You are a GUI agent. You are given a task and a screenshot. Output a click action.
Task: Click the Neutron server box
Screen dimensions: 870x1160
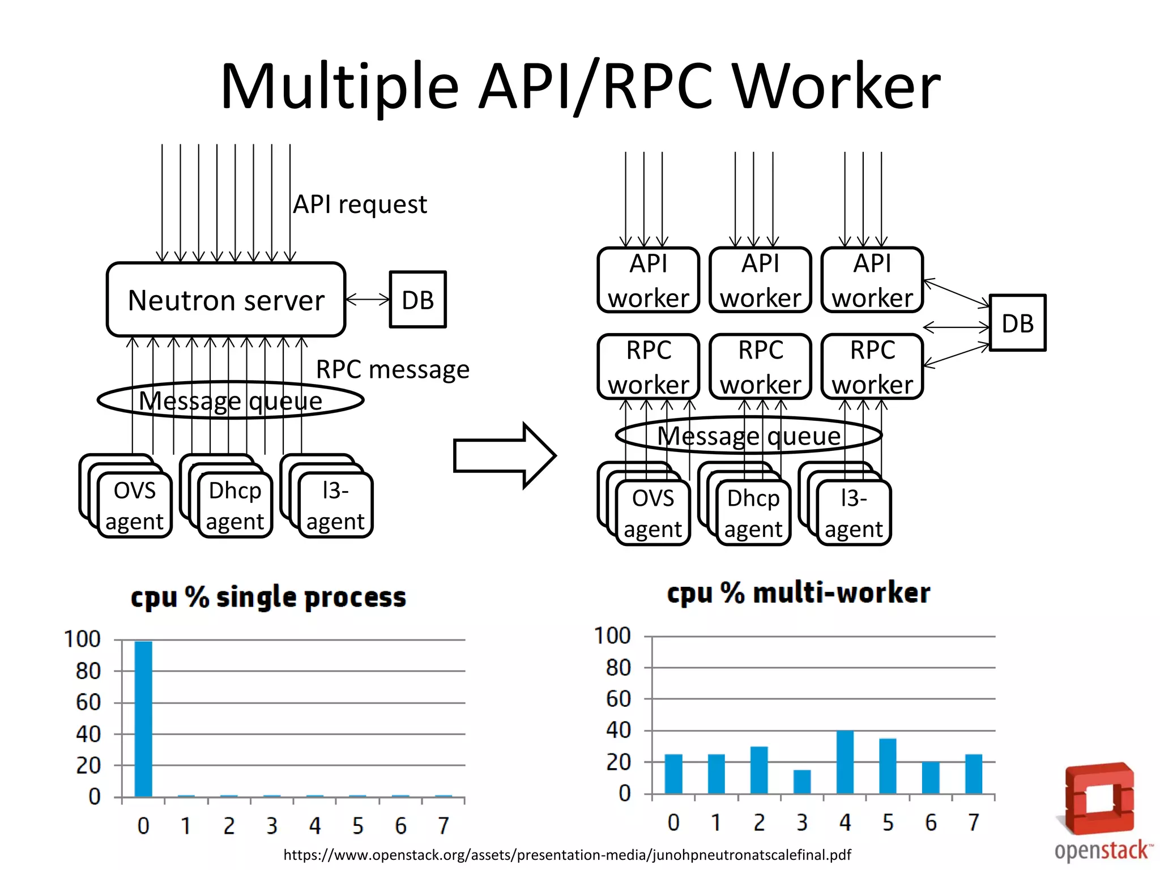tap(225, 300)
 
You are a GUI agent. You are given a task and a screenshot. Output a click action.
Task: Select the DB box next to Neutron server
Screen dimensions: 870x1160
tap(418, 300)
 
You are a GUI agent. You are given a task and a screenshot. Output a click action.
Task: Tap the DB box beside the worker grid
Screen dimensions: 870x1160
tap(1017, 323)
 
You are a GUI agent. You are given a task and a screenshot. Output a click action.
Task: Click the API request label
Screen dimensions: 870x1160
tap(360, 204)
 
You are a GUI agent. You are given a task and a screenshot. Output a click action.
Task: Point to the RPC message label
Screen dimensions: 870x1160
tap(393, 369)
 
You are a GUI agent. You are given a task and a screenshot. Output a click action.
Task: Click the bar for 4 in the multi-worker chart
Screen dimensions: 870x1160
tap(845, 762)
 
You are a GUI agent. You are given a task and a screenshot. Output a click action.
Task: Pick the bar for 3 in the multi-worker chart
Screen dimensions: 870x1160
tap(802, 782)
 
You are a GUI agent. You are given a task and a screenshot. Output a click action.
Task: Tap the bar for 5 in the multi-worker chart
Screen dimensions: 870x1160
tap(888, 766)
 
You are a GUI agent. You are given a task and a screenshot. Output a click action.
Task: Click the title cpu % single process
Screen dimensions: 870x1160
tap(268, 598)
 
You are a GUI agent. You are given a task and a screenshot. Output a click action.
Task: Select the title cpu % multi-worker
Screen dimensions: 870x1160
tap(798, 593)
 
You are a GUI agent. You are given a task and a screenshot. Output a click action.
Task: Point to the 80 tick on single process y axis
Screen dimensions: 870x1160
tap(88, 671)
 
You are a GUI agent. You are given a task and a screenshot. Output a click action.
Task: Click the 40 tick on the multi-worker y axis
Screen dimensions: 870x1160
tap(619, 730)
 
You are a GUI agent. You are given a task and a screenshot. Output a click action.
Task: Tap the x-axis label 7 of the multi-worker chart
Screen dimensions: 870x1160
tap(974, 822)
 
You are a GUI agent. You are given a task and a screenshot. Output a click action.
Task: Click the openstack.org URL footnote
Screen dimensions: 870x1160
tap(567, 855)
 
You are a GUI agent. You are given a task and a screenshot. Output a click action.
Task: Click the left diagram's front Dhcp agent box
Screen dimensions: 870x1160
tap(235, 505)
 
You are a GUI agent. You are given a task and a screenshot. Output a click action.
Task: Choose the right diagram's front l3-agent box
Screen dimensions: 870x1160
tap(854, 513)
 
